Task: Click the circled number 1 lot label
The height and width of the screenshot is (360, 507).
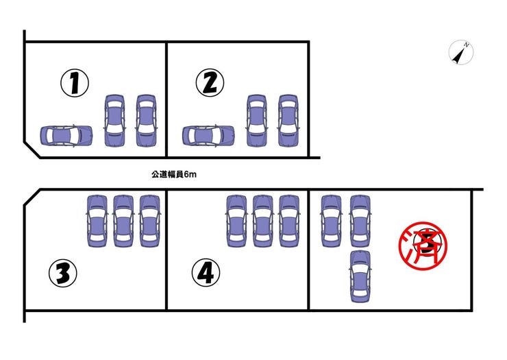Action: tap(75, 83)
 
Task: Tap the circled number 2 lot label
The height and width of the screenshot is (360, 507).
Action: tap(210, 83)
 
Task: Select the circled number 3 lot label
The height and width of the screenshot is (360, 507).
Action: tap(63, 273)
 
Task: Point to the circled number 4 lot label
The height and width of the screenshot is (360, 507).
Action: tap(206, 272)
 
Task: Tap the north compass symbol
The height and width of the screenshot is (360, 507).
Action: tap(461, 53)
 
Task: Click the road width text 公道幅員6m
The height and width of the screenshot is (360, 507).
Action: tap(174, 174)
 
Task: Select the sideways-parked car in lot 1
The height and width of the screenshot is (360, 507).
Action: tap(66, 136)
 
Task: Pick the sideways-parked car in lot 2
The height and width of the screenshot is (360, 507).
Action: tap(208, 136)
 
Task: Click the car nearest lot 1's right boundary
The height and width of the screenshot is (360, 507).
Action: tap(146, 121)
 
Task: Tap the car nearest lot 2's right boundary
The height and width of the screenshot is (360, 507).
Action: tap(288, 121)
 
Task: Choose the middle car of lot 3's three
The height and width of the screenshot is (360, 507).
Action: tap(123, 221)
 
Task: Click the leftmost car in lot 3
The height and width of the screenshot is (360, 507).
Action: tap(97, 221)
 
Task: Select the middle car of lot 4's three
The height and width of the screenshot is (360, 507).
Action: tap(263, 221)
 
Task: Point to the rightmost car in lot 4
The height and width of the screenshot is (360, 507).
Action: tap(289, 221)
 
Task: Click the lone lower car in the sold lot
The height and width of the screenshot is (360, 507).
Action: tap(360, 276)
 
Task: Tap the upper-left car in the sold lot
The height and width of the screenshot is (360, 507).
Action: tap(332, 221)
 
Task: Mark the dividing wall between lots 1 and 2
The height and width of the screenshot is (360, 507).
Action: tap(166, 99)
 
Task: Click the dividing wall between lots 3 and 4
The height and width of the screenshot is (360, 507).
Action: tap(166, 250)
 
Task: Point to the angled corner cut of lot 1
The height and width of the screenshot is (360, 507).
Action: tap(32, 150)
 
